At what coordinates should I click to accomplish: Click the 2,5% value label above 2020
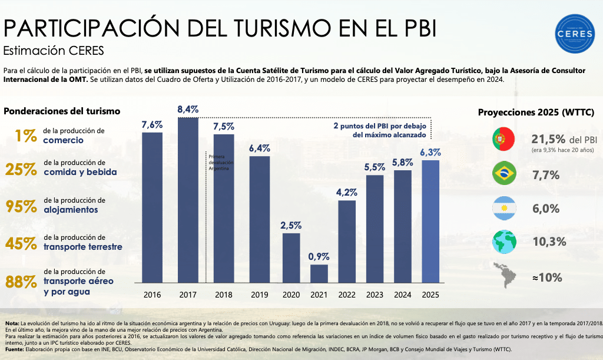[291, 225]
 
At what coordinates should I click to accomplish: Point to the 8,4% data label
[188, 109]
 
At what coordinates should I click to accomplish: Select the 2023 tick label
[374, 294]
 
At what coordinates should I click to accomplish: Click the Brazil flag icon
[503, 174]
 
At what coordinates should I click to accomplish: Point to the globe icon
[503, 242]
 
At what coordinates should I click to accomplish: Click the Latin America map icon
[503, 277]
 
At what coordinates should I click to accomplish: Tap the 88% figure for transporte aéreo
[22, 281]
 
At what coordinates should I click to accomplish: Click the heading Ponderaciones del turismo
[62, 111]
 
